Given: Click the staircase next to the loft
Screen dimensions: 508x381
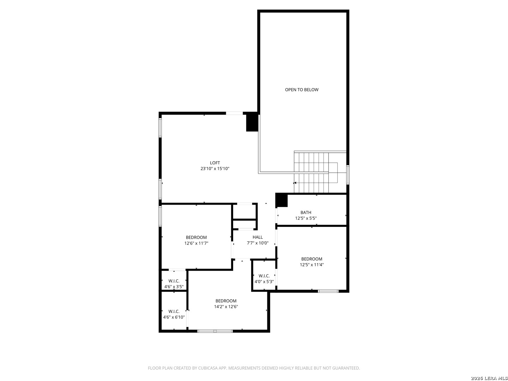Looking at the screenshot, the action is (316, 172).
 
